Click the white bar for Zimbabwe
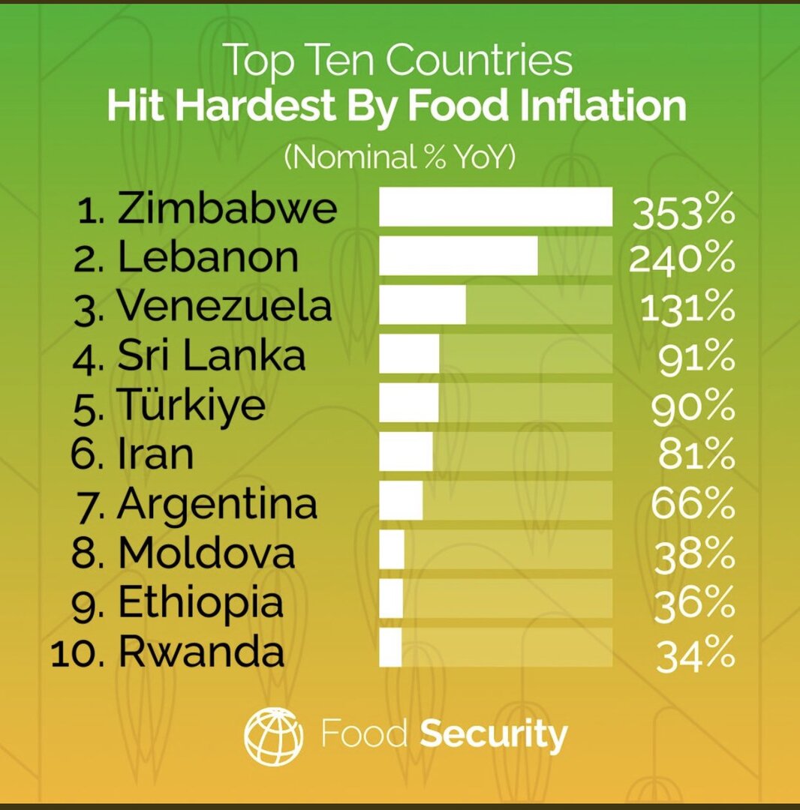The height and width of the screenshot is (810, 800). tap(495, 207)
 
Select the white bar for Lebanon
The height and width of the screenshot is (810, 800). tap(458, 256)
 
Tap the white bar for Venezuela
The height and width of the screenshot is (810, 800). tap(422, 304)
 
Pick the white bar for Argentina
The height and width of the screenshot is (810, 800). tap(401, 501)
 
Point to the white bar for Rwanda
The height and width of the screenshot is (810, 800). tap(390, 647)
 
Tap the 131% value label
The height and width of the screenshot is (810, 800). tap(687, 308)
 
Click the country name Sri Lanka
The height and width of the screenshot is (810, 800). tap(212, 357)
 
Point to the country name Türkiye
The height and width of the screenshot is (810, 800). tap(191, 405)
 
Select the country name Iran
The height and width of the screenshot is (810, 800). tap(155, 454)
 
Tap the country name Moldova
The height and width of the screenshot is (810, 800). tap(206, 553)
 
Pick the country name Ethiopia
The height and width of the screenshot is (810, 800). tap(201, 603)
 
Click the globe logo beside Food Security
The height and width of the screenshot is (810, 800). tap(274, 736)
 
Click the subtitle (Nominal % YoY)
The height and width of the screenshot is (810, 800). tap(399, 158)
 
